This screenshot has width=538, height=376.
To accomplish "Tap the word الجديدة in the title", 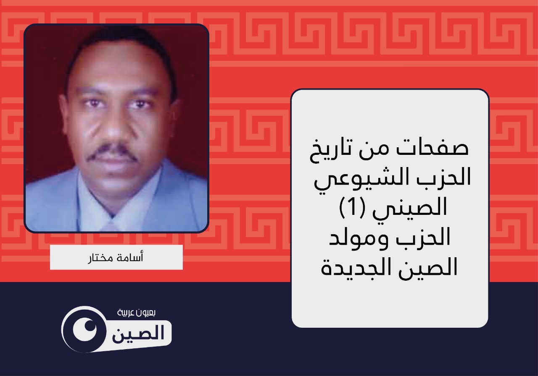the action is point(353,267).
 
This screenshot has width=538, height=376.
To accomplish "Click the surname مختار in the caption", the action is point(100,258).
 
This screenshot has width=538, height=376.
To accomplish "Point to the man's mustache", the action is point(112,152).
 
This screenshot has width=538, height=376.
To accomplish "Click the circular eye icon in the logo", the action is point(84,329).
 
